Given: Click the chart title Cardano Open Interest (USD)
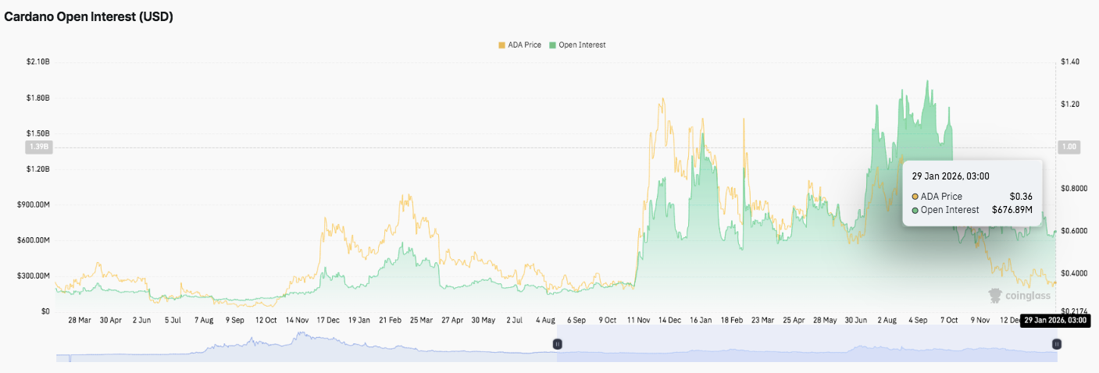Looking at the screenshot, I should click(x=89, y=17).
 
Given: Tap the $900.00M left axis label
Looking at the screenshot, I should click(x=33, y=205).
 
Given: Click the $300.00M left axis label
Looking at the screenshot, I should click(x=33, y=276).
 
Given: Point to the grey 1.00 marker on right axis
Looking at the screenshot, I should click(x=1068, y=147).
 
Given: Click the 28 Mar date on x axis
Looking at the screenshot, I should click(x=80, y=320).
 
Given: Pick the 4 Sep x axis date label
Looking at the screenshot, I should click(x=918, y=320).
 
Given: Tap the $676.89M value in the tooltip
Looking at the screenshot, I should click(x=1012, y=210).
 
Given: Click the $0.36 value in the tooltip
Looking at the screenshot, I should click(x=1021, y=197).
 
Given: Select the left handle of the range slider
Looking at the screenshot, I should click(x=558, y=343).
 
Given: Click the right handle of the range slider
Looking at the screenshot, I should click(x=1056, y=343).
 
